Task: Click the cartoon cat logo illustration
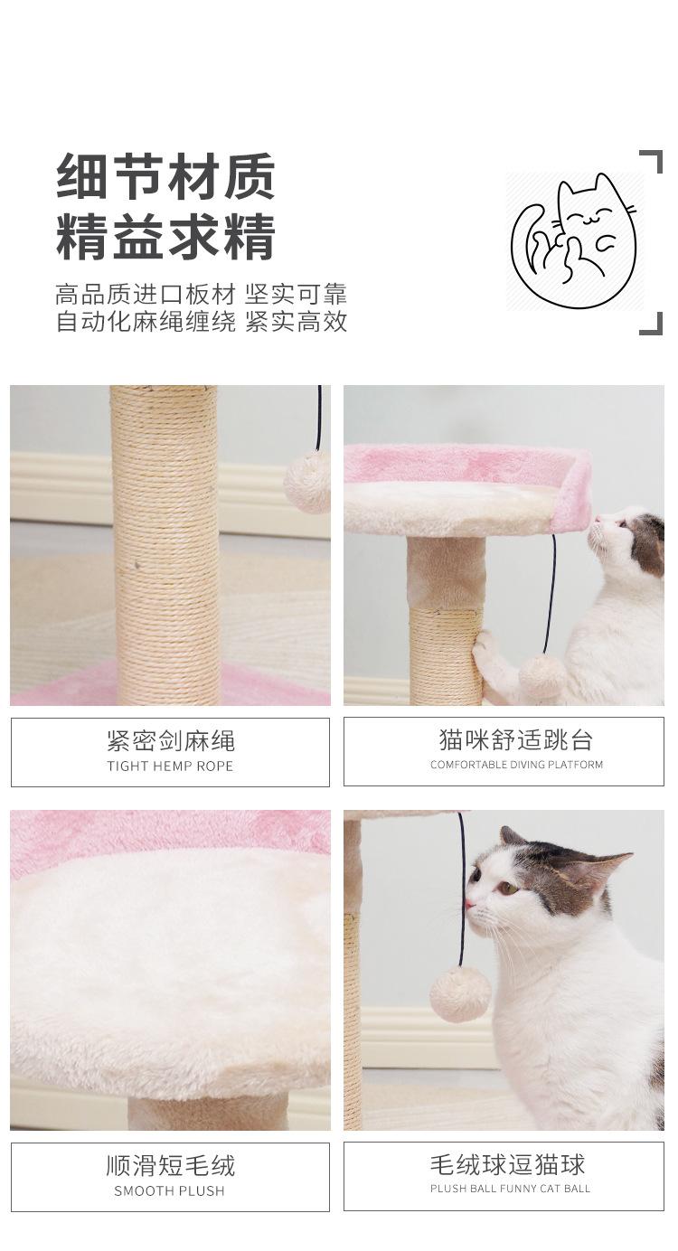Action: pyautogui.click(x=573, y=240)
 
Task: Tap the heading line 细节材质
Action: pyautogui.click(x=165, y=177)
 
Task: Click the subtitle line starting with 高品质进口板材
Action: pyautogui.click(x=201, y=295)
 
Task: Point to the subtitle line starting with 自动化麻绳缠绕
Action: pyautogui.click(x=201, y=322)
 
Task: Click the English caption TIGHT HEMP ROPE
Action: pyautogui.click(x=170, y=766)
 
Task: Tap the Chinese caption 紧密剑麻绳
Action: pyautogui.click(x=170, y=740)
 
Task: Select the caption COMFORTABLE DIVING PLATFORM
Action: pyautogui.click(x=516, y=765)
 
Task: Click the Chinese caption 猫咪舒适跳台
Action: pyautogui.click(x=516, y=739)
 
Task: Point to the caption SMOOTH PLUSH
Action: pyautogui.click(x=169, y=1191)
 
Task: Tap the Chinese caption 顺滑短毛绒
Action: pyautogui.click(x=170, y=1166)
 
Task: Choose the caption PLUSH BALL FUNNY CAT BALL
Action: pyautogui.click(x=510, y=1189)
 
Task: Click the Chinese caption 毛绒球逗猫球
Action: pyautogui.click(x=507, y=1164)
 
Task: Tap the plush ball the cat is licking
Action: pyautogui.click(x=460, y=995)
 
